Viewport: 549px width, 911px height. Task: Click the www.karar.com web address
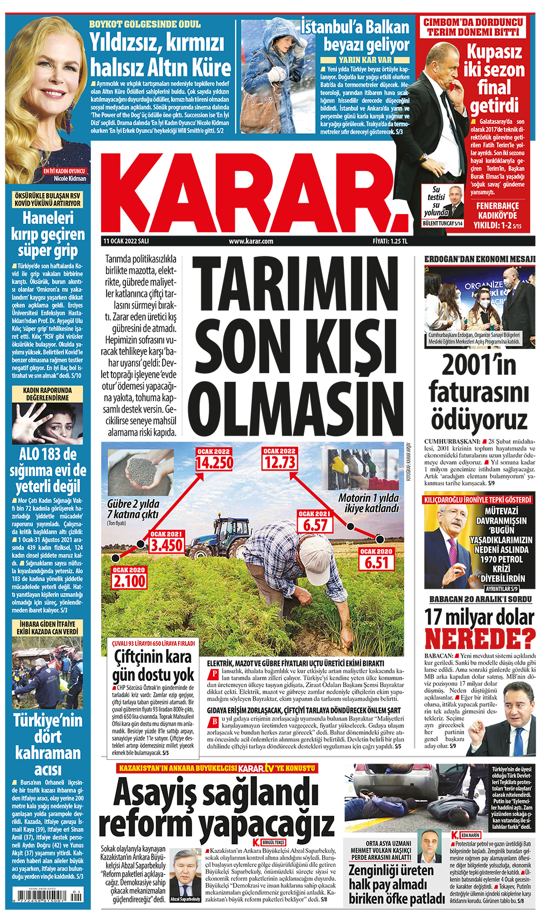[251, 241]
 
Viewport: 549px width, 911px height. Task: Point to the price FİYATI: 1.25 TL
[390, 241]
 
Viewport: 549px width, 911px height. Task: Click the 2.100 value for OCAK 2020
[129, 581]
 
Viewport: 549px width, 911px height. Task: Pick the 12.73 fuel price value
[279, 462]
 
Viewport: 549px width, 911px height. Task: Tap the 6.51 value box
[376, 563]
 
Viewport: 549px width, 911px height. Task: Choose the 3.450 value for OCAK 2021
[166, 545]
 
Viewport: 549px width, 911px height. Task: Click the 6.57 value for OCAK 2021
[315, 525]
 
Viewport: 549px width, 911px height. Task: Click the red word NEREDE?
[480, 639]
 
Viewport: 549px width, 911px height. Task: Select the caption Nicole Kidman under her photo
[70, 179]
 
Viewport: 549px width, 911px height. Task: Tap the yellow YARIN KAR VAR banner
[365, 60]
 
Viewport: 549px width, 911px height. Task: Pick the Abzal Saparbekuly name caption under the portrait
[185, 899]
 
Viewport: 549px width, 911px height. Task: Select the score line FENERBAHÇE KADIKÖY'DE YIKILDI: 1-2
[497, 215]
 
